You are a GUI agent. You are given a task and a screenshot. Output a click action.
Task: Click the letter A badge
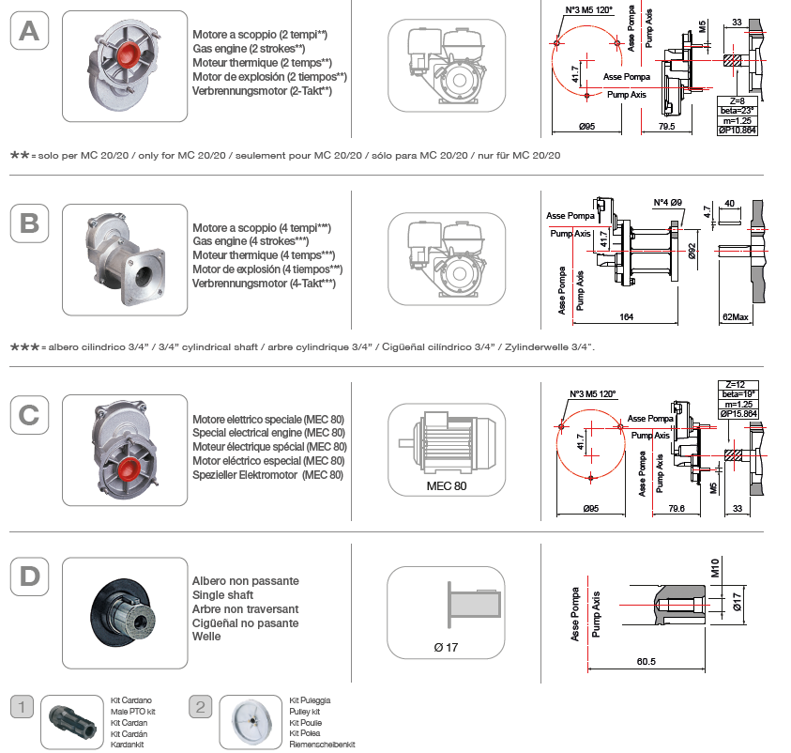pyautogui.click(x=30, y=30)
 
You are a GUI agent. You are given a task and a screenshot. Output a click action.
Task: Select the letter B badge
pyautogui.click(x=30, y=223)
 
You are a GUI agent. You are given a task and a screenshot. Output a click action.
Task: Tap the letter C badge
pyautogui.click(x=30, y=414)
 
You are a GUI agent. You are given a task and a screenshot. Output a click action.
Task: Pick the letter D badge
pyautogui.click(x=30, y=576)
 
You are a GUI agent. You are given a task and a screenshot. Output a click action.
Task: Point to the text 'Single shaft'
pyautogui.click(x=222, y=595)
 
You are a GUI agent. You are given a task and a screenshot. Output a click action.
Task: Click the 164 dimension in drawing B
pyautogui.click(x=626, y=316)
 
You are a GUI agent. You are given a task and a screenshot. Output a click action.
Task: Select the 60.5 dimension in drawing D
pyautogui.click(x=645, y=662)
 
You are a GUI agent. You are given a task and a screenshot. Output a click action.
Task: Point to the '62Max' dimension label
pyautogui.click(x=737, y=317)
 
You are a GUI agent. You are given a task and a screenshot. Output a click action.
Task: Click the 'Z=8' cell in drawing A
pyautogui.click(x=737, y=100)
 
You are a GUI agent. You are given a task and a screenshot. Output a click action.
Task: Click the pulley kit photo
pyautogui.click(x=257, y=721)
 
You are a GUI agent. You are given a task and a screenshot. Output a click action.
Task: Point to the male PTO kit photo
pyautogui.click(x=73, y=722)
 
